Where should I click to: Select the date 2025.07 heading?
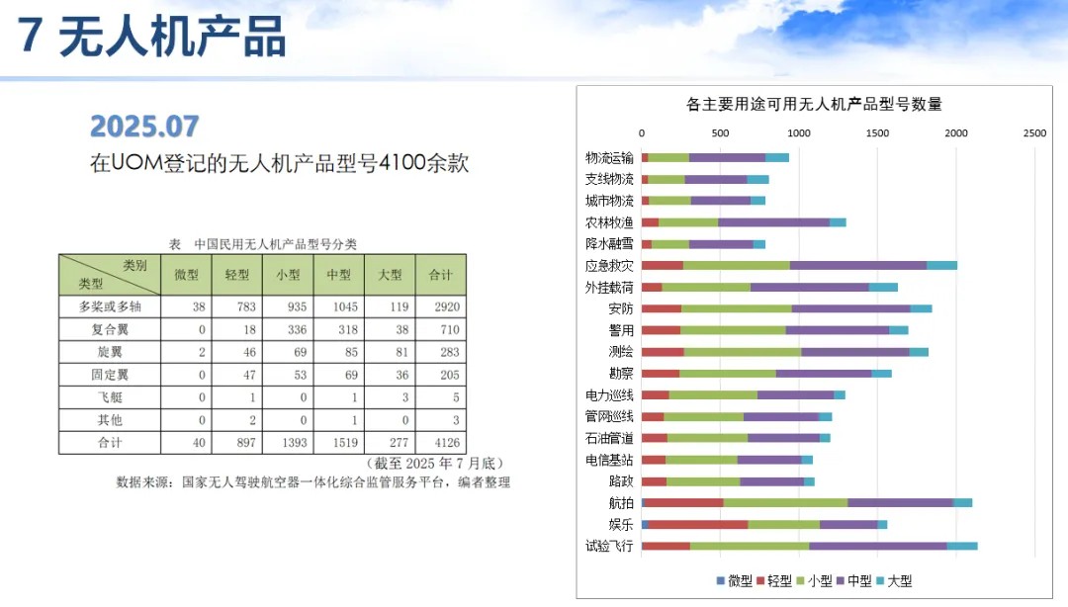pyautogui.click(x=144, y=126)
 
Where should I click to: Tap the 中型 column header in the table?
pyautogui.click(x=338, y=274)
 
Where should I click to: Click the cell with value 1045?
pyautogui.click(x=338, y=306)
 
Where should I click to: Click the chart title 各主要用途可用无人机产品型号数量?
pyautogui.click(x=813, y=103)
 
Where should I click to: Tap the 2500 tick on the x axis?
pyautogui.click(x=1034, y=133)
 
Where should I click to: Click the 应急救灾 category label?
pyautogui.click(x=609, y=266)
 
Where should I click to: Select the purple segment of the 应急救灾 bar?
pyautogui.click(x=858, y=266)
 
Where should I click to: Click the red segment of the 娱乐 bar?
pyautogui.click(x=698, y=524)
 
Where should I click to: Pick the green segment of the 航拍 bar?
pyautogui.click(x=785, y=502)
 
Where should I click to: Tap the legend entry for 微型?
pyautogui.click(x=734, y=581)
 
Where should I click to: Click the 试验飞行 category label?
pyautogui.click(x=609, y=546)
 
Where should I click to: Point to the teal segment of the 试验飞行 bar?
pyautogui.click(x=961, y=546)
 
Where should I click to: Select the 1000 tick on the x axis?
pyautogui.click(x=798, y=133)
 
